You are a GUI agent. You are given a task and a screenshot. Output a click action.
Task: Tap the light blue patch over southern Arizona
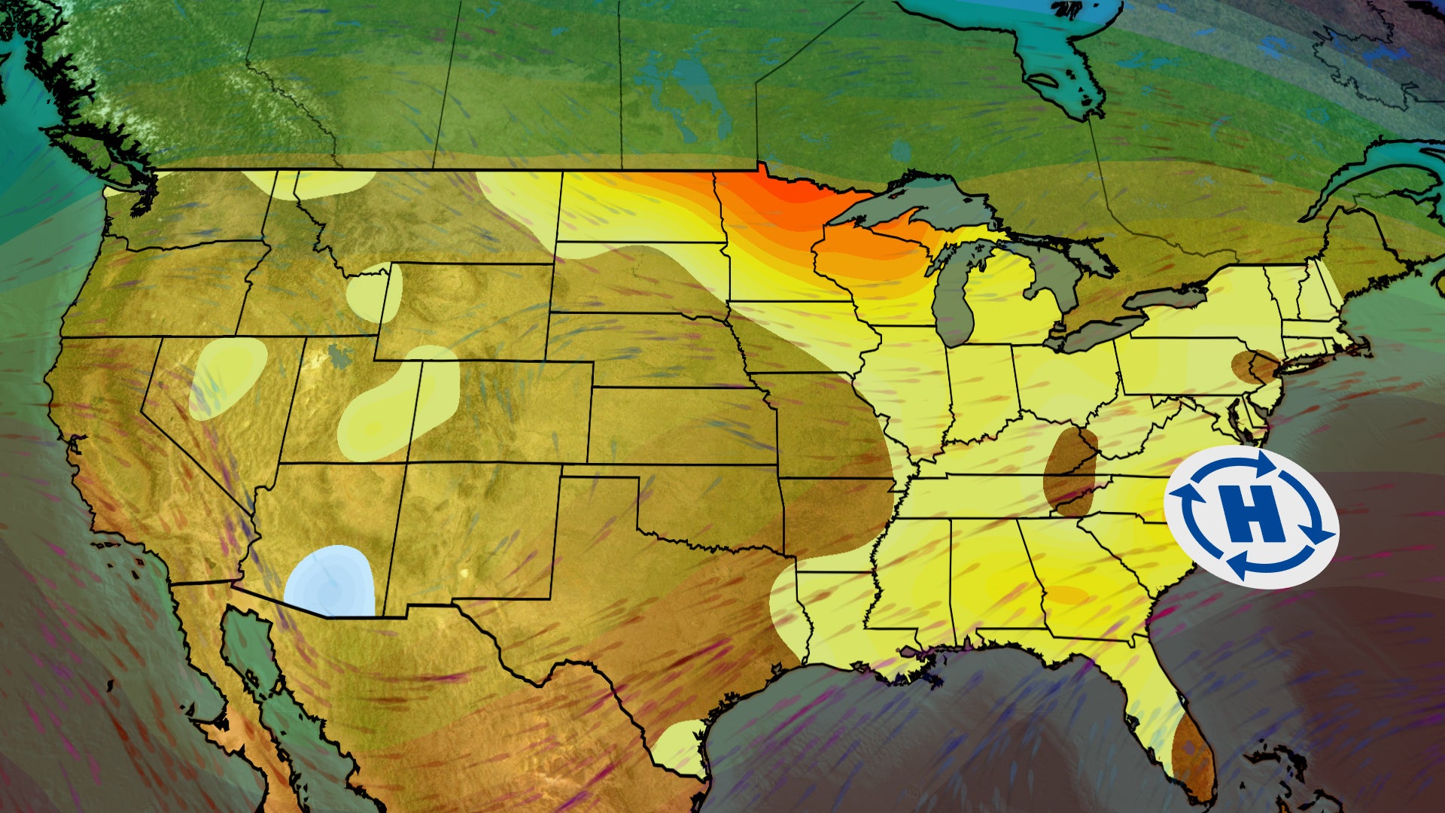click(x=331, y=582)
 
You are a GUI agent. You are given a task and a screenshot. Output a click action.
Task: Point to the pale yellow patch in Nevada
click(x=227, y=376)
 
